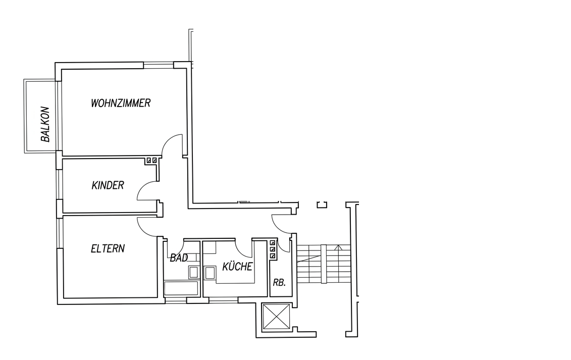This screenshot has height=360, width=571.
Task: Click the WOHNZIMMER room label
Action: click(121, 103)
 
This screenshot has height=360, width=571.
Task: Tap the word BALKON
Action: click(45, 124)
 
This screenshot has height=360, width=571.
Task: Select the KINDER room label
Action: click(108, 185)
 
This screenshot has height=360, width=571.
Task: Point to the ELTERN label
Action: click(108, 248)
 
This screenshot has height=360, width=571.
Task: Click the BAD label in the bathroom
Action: click(179, 258)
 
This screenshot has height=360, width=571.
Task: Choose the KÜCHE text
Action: click(237, 267)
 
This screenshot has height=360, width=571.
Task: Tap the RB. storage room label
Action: click(279, 282)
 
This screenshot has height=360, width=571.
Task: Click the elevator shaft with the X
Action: click(276, 317)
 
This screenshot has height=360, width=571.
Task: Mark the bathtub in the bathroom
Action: click(181, 288)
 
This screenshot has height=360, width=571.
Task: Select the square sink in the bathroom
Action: click(193, 272)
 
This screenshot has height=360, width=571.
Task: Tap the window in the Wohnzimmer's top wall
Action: click(159, 65)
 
